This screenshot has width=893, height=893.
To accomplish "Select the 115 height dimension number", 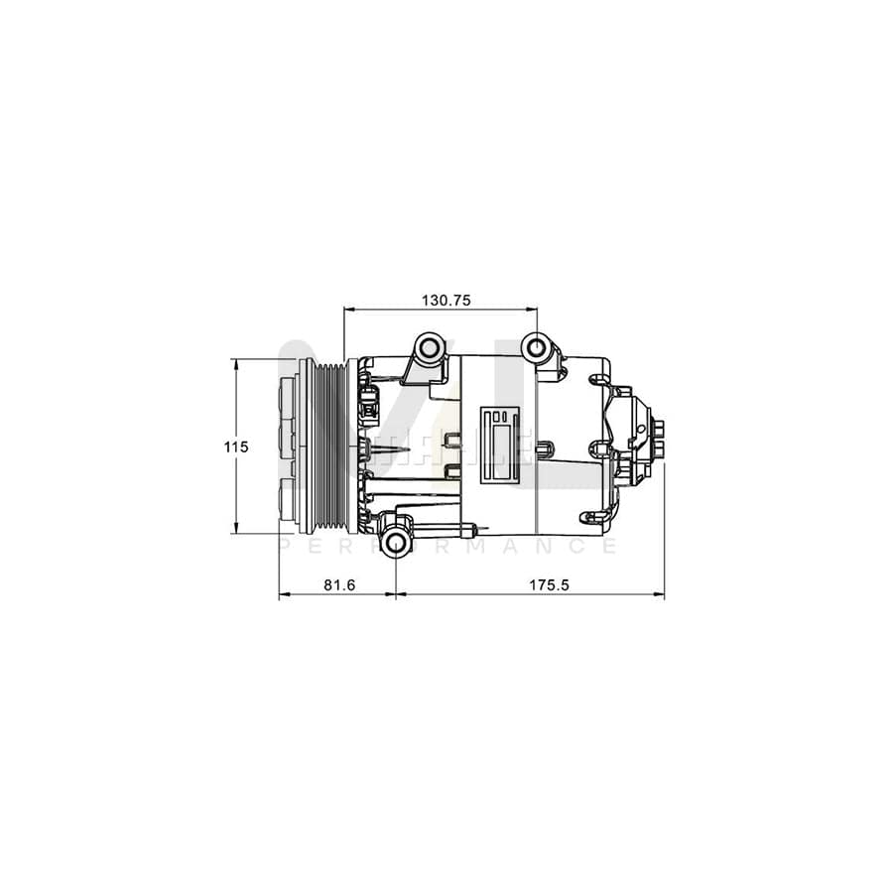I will tap(235, 447).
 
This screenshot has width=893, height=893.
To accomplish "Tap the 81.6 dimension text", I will tap(339, 585).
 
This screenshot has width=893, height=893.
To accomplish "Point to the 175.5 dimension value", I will tap(548, 585).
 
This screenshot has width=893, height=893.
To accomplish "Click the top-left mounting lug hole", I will tap(429, 348).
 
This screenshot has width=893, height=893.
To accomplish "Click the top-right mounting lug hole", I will tap(537, 348).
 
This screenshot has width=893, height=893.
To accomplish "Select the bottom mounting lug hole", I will tap(396, 541).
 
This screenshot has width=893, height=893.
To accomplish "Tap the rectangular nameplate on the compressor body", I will tap(502, 446).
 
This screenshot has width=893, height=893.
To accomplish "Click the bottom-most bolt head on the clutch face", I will tap(288, 495).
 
